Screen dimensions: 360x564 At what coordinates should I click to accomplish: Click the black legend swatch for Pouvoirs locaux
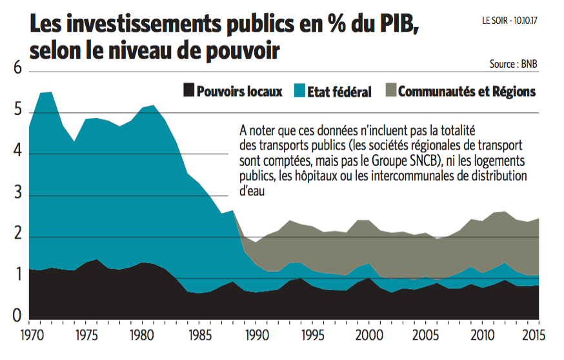click(188, 91)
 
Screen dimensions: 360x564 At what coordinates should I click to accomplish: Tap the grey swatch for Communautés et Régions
click(390, 91)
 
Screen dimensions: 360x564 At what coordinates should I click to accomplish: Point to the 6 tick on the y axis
click(17, 69)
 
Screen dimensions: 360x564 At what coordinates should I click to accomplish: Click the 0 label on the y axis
click(17, 315)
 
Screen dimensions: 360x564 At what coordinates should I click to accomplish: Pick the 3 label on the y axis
click(17, 195)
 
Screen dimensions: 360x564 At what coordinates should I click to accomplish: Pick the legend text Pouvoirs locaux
click(239, 92)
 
